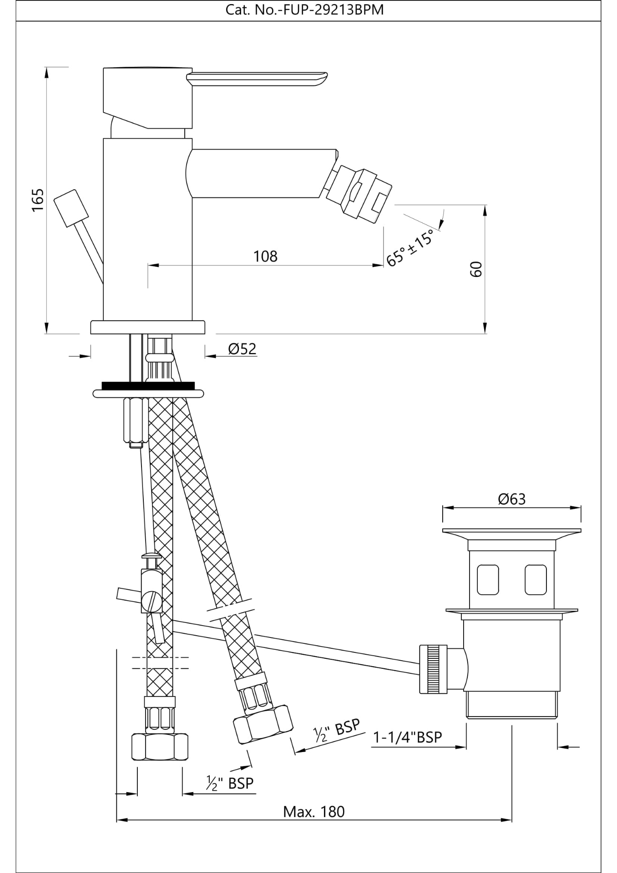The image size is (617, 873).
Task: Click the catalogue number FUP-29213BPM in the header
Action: click(x=304, y=10)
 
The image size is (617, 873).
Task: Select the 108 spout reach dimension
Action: click(x=265, y=256)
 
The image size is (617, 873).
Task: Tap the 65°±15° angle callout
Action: click(x=410, y=248)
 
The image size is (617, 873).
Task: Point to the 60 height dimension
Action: click(x=475, y=269)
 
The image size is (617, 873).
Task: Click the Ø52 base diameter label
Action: click(x=242, y=349)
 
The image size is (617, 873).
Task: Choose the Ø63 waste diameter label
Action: click(x=511, y=499)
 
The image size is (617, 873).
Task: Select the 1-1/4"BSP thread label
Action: click(x=407, y=737)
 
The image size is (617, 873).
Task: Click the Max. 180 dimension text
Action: click(x=314, y=812)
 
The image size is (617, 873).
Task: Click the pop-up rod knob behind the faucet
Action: click(x=71, y=208)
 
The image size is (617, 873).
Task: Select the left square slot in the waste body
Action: click(x=488, y=580)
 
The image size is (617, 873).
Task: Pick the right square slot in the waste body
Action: click(x=535, y=580)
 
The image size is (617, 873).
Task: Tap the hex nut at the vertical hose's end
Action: click(x=160, y=747)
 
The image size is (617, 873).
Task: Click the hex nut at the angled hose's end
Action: click(x=263, y=723)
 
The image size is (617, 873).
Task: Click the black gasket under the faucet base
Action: click(x=148, y=385)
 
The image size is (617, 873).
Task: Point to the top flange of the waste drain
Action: click(x=511, y=531)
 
